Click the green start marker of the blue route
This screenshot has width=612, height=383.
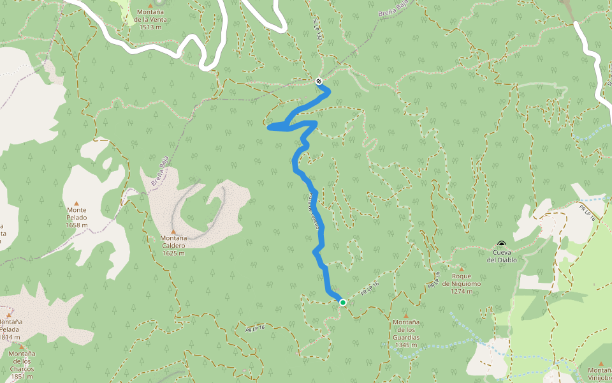click(x=343, y=303)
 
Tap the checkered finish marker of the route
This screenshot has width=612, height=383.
click(x=319, y=80)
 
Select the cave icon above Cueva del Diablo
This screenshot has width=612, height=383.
click(x=502, y=244)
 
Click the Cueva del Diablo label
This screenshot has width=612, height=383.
click(x=502, y=256)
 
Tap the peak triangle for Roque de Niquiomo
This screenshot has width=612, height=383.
click(x=461, y=269)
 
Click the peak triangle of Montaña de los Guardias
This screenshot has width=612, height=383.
click(x=406, y=315)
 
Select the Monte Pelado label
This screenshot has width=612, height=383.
click(x=76, y=213)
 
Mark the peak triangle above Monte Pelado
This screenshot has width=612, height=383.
click(x=76, y=203)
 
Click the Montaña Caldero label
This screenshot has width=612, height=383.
click(x=173, y=241)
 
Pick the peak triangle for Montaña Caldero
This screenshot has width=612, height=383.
click(x=173, y=231)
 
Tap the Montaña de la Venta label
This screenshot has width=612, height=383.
click(x=150, y=16)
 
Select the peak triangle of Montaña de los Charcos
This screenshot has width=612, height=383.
click(x=22, y=347)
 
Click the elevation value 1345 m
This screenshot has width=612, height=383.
click(x=406, y=345)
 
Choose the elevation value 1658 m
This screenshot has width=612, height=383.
click(x=76, y=225)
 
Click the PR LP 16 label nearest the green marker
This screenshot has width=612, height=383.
click(x=370, y=288)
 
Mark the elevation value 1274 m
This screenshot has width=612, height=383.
click(x=461, y=292)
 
